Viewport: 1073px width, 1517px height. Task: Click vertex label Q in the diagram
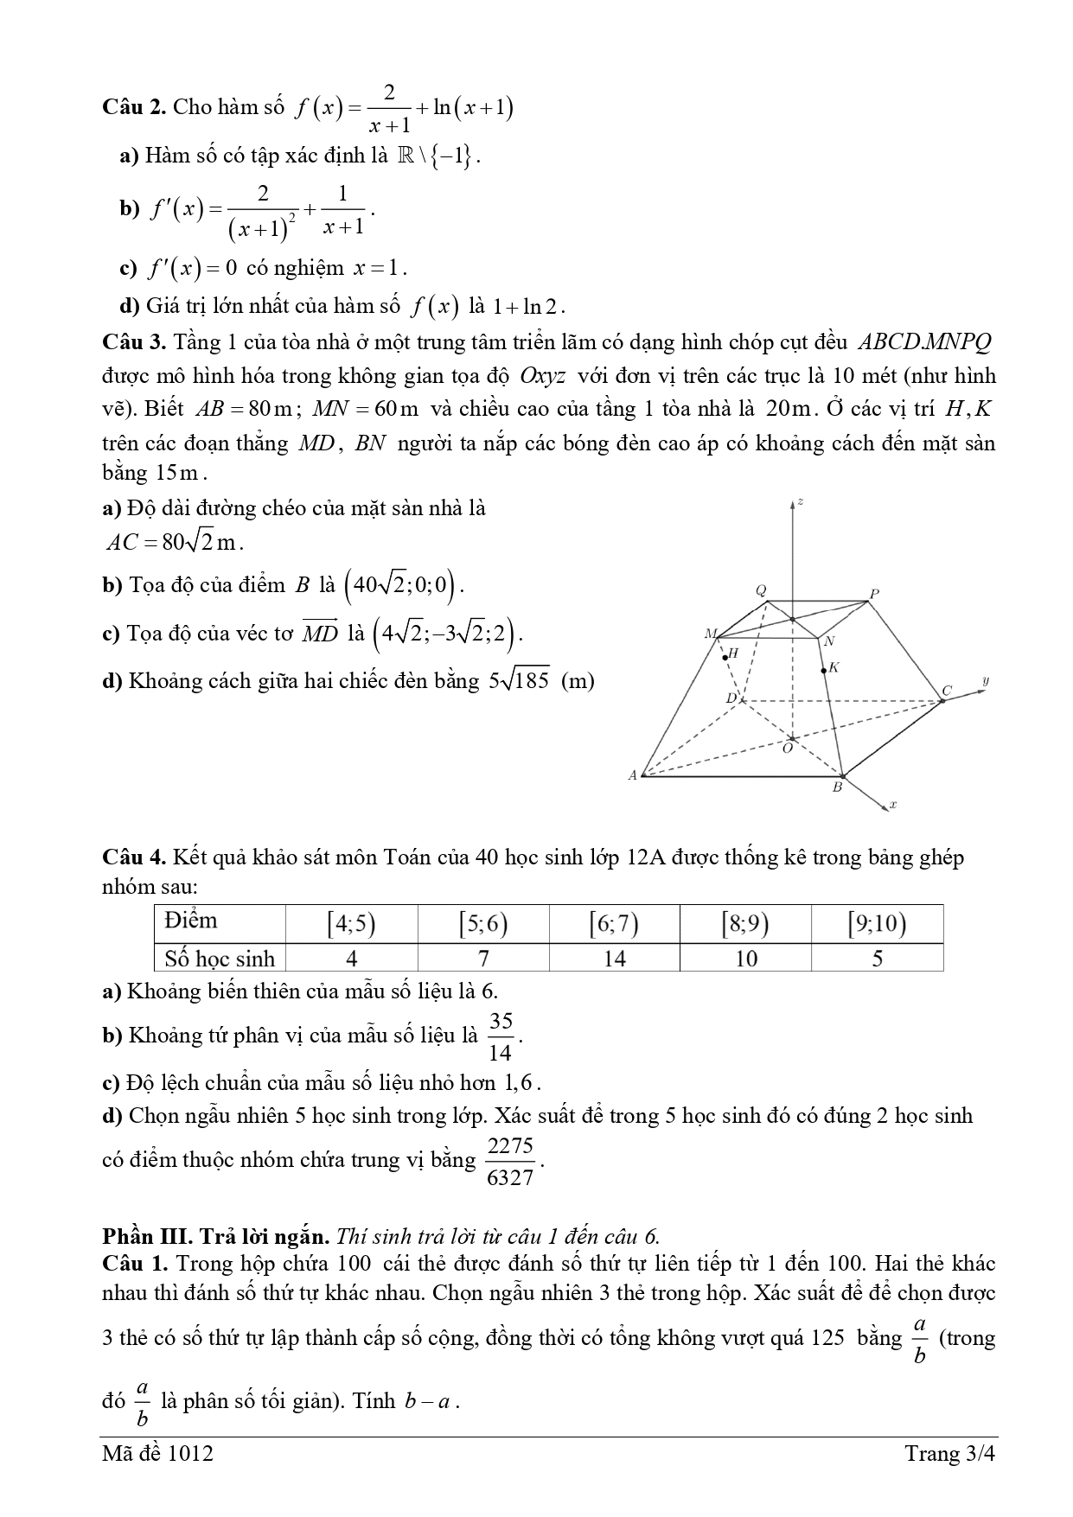[761, 591]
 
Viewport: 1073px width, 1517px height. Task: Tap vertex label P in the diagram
[874, 594]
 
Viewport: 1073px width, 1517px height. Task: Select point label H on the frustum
[733, 653]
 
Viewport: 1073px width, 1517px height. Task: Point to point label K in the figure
[833, 667]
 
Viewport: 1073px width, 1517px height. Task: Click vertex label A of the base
[632, 775]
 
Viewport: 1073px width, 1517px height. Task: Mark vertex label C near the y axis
[947, 691]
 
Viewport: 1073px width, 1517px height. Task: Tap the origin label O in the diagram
[787, 749]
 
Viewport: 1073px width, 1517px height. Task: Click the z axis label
[802, 501]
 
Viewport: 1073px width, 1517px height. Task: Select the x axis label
[892, 805]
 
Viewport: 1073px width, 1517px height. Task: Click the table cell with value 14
[614, 959]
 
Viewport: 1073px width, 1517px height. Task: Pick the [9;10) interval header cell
[877, 924]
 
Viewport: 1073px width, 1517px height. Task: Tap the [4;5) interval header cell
[351, 924]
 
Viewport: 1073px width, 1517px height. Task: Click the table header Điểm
[191, 921]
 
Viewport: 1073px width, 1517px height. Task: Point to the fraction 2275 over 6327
[510, 1161]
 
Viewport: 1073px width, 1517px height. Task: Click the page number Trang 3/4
[949, 1454]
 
